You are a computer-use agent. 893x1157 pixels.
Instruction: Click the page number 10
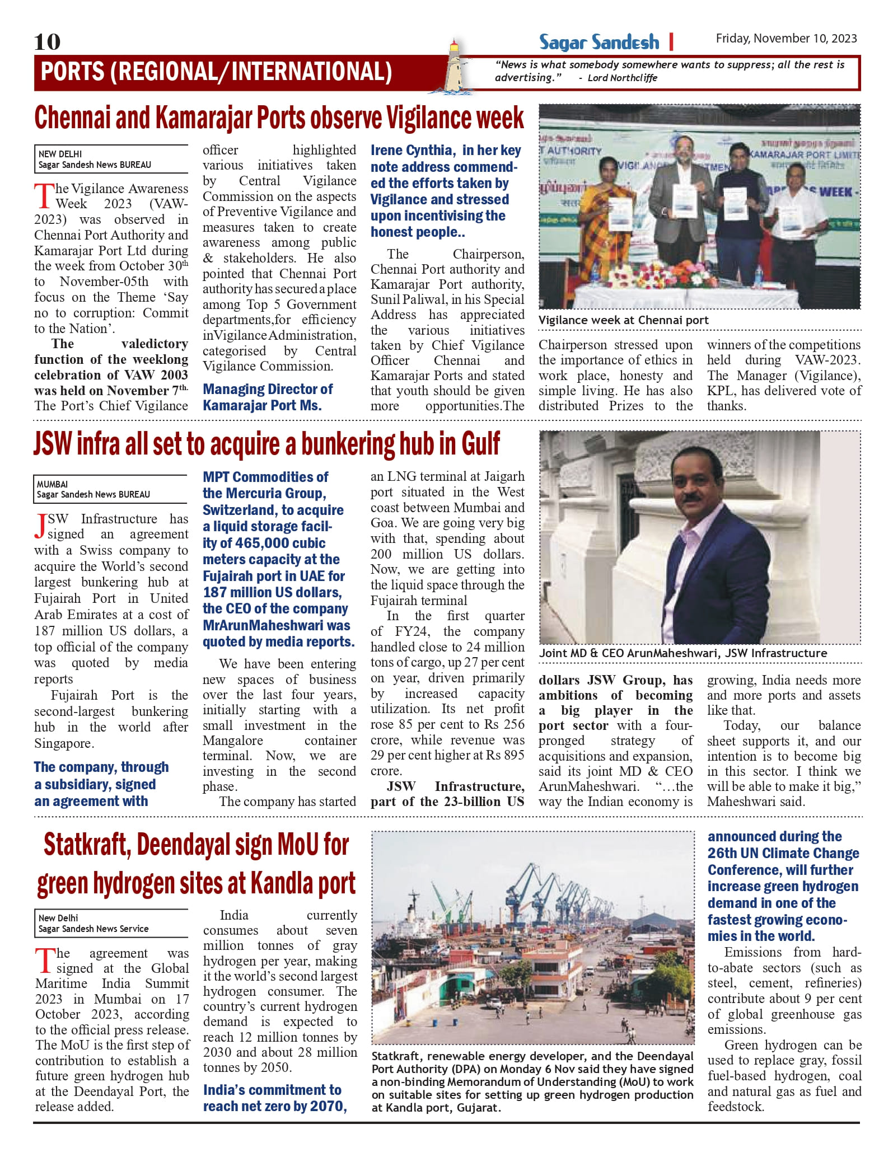47,42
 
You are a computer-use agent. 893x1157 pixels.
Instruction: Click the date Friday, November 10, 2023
786,39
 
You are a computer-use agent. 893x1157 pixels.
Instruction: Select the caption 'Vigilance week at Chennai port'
623,320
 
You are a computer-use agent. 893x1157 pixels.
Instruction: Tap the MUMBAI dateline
52,484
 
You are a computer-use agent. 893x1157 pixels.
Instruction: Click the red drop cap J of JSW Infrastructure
40,527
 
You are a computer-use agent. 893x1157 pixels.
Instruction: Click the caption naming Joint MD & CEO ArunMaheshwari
683,653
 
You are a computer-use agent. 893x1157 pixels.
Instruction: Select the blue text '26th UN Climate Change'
783,853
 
